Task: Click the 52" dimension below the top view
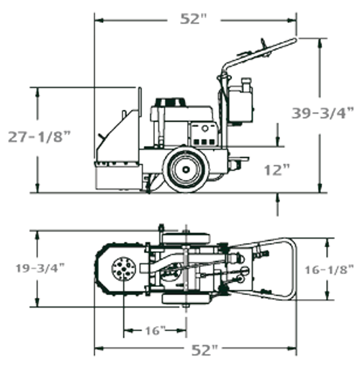[x=204, y=350]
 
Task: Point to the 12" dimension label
[x=276, y=170]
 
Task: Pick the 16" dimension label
[x=153, y=330]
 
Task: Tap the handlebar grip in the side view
[x=282, y=45]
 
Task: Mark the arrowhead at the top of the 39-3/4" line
[x=320, y=42]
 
